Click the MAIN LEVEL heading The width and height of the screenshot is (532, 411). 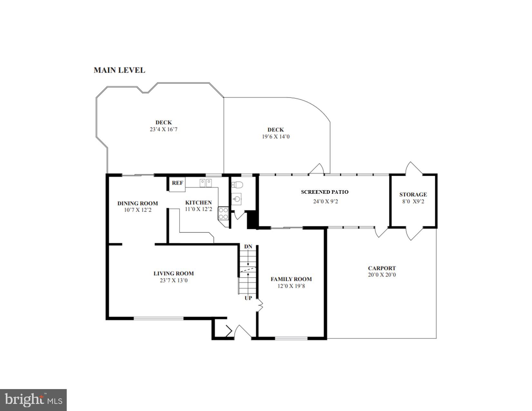pyautogui.click(x=119, y=70)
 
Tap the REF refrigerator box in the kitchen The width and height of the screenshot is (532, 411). pyautogui.click(x=177, y=183)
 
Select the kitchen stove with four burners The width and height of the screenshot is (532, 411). pyautogui.click(x=223, y=213)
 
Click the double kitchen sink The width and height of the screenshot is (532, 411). pyautogui.click(x=205, y=183)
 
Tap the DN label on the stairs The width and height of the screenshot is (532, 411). pyautogui.click(x=248, y=247)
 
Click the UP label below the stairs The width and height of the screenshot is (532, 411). pyautogui.click(x=248, y=298)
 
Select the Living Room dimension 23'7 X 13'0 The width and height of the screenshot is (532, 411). pyautogui.click(x=173, y=280)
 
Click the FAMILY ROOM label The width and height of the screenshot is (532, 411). pyautogui.click(x=291, y=279)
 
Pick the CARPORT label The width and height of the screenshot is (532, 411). pyautogui.click(x=382, y=268)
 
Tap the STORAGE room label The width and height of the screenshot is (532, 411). pyautogui.click(x=413, y=194)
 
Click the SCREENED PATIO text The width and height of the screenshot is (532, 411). pyautogui.click(x=325, y=192)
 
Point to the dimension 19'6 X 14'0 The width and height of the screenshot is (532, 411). pyautogui.click(x=276, y=137)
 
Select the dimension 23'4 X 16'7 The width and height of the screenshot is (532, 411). pyautogui.click(x=164, y=129)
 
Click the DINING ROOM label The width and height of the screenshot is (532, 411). pyautogui.click(x=137, y=203)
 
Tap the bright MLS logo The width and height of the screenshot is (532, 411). pyautogui.click(x=34, y=400)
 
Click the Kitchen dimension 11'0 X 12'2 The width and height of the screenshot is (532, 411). pyautogui.click(x=198, y=209)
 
